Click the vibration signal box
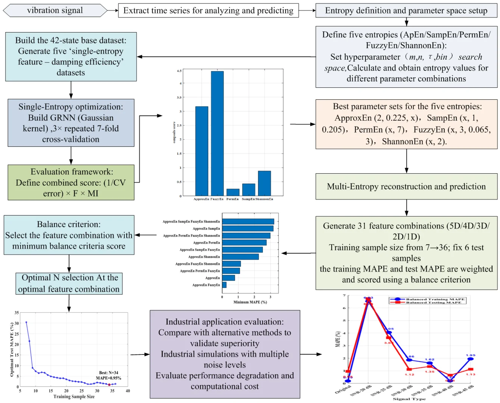(55, 10)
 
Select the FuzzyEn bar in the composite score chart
(217, 133)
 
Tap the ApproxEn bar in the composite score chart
(202, 151)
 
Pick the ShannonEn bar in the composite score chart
(264, 183)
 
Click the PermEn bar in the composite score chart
(233, 192)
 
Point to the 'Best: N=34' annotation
(109, 373)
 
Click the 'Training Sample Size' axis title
(74, 397)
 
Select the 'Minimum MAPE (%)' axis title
(250, 302)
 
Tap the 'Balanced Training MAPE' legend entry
(435, 299)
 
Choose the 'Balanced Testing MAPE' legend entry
(433, 303)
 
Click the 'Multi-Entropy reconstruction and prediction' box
(406, 186)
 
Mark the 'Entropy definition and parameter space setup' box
(406, 10)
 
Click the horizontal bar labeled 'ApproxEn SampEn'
(248, 229)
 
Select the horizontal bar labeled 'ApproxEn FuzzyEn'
(224, 285)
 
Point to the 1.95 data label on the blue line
(471, 355)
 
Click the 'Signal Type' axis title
(409, 399)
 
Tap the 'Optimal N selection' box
(69, 283)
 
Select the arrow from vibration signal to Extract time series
(113, 10)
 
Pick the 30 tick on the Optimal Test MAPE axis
(16, 323)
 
